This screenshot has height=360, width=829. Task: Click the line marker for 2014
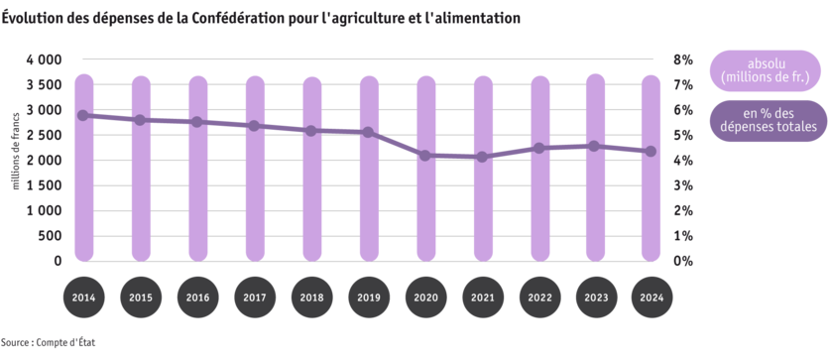[84, 115]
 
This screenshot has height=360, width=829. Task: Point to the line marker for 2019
[369, 132]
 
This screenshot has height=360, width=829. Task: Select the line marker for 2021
[482, 157]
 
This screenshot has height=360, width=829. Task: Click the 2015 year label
[141, 298]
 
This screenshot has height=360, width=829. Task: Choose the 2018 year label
[311, 298]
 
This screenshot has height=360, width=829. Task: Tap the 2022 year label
[539, 298]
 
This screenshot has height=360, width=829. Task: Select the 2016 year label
[198, 298]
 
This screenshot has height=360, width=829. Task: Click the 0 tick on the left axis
[58, 261]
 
